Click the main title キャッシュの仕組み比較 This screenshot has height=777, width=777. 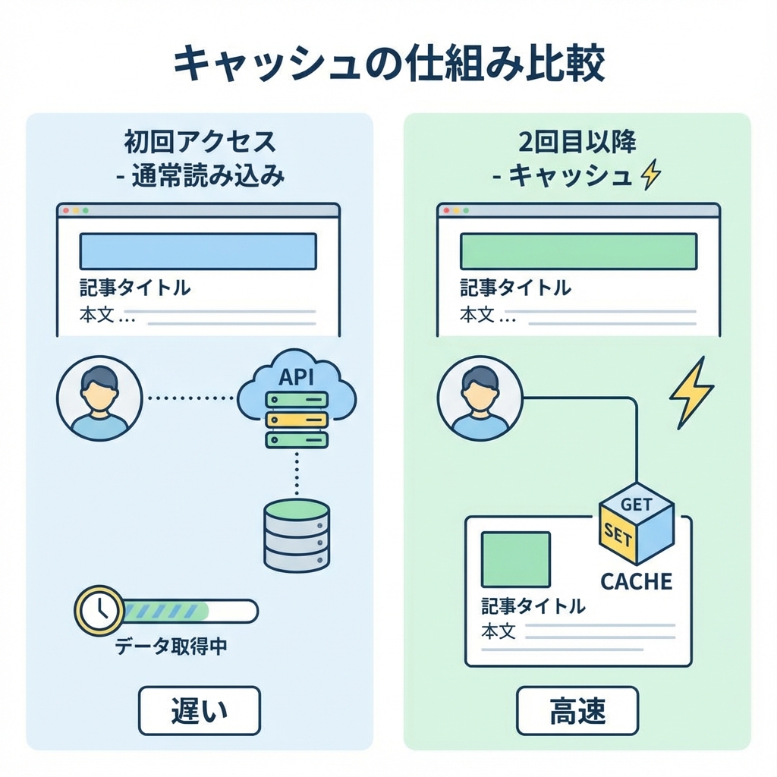(388, 64)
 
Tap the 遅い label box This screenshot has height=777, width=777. (199, 710)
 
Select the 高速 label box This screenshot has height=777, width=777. (577, 710)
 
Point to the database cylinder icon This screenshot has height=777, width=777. (297, 534)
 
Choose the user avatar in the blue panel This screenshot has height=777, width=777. (99, 398)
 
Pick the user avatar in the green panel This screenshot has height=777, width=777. (480, 398)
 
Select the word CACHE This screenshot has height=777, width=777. (637, 581)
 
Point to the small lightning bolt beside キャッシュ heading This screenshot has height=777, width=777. (651, 176)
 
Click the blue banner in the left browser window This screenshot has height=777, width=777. (198, 251)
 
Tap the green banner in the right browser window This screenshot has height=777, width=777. (578, 251)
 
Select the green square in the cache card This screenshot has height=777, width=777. (516, 560)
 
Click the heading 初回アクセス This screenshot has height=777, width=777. (199, 142)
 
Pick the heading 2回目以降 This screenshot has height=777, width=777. (577, 142)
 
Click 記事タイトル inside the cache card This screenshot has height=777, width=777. (533, 606)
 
